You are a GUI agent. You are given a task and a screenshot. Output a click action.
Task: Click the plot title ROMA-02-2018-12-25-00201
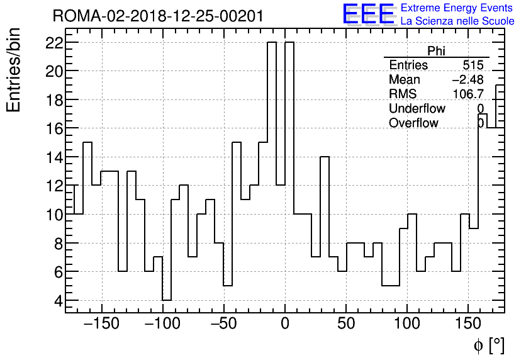pyautogui.click(x=158, y=16)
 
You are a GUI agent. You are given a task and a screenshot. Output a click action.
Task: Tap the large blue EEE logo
pyautogui.click(x=368, y=14)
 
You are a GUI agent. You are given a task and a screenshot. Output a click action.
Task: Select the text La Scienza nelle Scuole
pyautogui.click(x=457, y=21)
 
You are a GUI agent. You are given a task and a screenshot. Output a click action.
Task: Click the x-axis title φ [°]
pyautogui.click(x=489, y=346)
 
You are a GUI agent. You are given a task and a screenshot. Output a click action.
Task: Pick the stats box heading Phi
pyautogui.click(x=436, y=51)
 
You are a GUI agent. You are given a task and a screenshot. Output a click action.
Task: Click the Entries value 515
pyautogui.click(x=473, y=65)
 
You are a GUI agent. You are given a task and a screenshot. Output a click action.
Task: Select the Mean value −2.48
pyautogui.click(x=467, y=80)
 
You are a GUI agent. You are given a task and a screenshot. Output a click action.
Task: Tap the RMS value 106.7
pyautogui.click(x=468, y=94)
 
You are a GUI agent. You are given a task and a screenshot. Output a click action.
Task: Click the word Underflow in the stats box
pyautogui.click(x=417, y=109)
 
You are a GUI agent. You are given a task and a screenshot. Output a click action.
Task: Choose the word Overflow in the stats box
pyautogui.click(x=413, y=123)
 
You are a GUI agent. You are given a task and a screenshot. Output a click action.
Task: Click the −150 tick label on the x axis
pyautogui.click(x=101, y=325)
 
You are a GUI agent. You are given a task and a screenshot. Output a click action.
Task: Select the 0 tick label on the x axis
pyautogui.click(x=285, y=325)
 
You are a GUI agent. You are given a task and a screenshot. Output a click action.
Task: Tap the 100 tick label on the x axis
pyautogui.click(x=407, y=325)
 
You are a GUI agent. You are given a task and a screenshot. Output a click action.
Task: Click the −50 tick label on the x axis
pyautogui.click(x=224, y=325)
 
